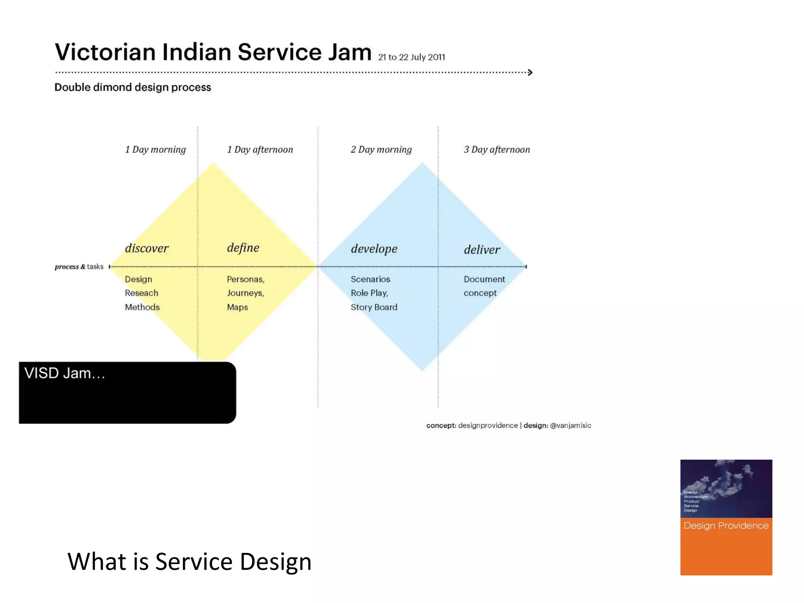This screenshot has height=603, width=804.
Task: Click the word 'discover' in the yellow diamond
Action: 146,248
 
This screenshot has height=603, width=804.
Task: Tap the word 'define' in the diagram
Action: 243,248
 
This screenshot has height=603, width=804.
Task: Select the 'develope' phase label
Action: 374,249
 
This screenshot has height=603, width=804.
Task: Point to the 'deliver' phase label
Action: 482,250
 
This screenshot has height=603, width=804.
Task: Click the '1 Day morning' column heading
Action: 155,150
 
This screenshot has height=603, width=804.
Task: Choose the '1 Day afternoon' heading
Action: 260,150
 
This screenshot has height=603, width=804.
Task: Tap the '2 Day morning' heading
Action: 381,150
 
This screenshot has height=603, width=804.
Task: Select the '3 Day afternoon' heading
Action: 497,150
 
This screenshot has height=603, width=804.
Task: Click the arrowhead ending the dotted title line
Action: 530,72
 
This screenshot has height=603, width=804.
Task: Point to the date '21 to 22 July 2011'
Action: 411,57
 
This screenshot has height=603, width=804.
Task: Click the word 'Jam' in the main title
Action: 349,52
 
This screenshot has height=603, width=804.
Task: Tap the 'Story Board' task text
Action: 374,307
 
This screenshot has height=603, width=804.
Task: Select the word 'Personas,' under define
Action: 245,279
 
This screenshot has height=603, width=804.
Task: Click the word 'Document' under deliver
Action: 484,279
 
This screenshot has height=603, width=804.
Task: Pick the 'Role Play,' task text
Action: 369,293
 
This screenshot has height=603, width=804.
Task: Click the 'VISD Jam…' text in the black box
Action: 65,373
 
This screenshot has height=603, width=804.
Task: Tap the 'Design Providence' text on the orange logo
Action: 726,526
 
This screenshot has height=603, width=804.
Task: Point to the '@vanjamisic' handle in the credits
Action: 570,426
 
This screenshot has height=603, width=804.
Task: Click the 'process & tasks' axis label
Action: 79,267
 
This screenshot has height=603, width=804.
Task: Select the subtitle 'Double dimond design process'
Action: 133,87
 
